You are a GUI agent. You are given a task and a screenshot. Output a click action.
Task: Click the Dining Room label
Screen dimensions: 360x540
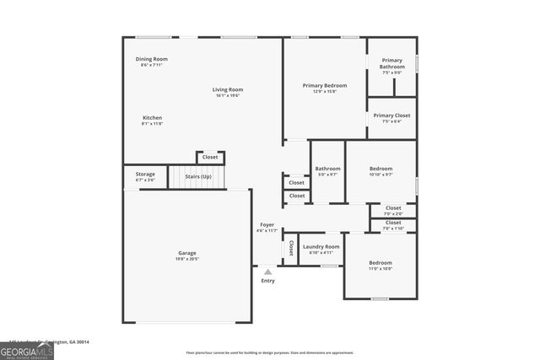[x=152, y=59]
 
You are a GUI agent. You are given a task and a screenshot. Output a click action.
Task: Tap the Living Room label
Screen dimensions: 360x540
[x=227, y=89]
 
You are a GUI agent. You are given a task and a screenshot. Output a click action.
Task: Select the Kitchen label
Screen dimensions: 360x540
[x=152, y=118]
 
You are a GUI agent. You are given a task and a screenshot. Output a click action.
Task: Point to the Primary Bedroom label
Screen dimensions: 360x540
[x=325, y=85]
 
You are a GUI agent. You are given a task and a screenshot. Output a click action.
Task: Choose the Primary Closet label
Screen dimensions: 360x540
[x=391, y=115]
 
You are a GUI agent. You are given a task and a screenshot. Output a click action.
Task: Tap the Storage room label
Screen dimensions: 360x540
[x=145, y=175]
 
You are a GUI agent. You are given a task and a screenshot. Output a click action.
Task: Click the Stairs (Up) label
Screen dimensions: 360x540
[x=198, y=176]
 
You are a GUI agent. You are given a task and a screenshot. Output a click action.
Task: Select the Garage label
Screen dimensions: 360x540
[x=186, y=253]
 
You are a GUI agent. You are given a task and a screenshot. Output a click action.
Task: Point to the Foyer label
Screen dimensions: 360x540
[x=267, y=225]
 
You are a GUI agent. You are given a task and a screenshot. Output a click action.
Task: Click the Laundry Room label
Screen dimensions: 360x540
[x=321, y=246]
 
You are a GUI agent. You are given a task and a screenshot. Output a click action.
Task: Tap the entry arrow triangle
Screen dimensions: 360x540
[x=267, y=271]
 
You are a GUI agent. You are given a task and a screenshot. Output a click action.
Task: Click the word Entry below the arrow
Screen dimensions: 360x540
[x=267, y=281]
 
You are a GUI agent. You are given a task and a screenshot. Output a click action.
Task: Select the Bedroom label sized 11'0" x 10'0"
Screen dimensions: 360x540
[x=380, y=263]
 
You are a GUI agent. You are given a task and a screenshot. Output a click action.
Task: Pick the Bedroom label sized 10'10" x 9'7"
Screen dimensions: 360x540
[x=381, y=169]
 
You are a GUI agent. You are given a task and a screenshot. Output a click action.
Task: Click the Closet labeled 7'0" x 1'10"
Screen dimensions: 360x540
[x=393, y=223]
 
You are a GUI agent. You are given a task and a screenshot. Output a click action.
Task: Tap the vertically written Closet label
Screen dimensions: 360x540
[x=291, y=248]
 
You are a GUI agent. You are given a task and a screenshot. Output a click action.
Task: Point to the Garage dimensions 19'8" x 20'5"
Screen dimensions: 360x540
[x=186, y=260]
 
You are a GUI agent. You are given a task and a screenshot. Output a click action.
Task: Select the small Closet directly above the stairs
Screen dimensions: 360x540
[x=210, y=157]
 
